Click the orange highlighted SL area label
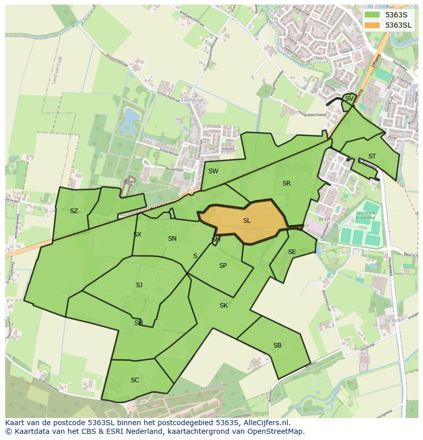coord(247,221)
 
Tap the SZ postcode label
coord(74,211)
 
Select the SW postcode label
coord(213,171)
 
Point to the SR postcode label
coord(286,183)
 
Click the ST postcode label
coord(372,156)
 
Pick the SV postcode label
coord(349,99)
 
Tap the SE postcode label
coord(292,252)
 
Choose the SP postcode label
coord(223,266)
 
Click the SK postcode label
coord(223,306)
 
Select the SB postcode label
coord(277,345)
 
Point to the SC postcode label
coord(135,380)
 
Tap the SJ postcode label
coord(139,285)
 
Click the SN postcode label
coord(172,239)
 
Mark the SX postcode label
coord(137,235)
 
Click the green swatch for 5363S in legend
coord(372,15)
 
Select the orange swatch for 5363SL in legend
coord(372,25)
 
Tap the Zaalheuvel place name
coord(192,100)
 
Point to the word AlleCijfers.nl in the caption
coord(265,423)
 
